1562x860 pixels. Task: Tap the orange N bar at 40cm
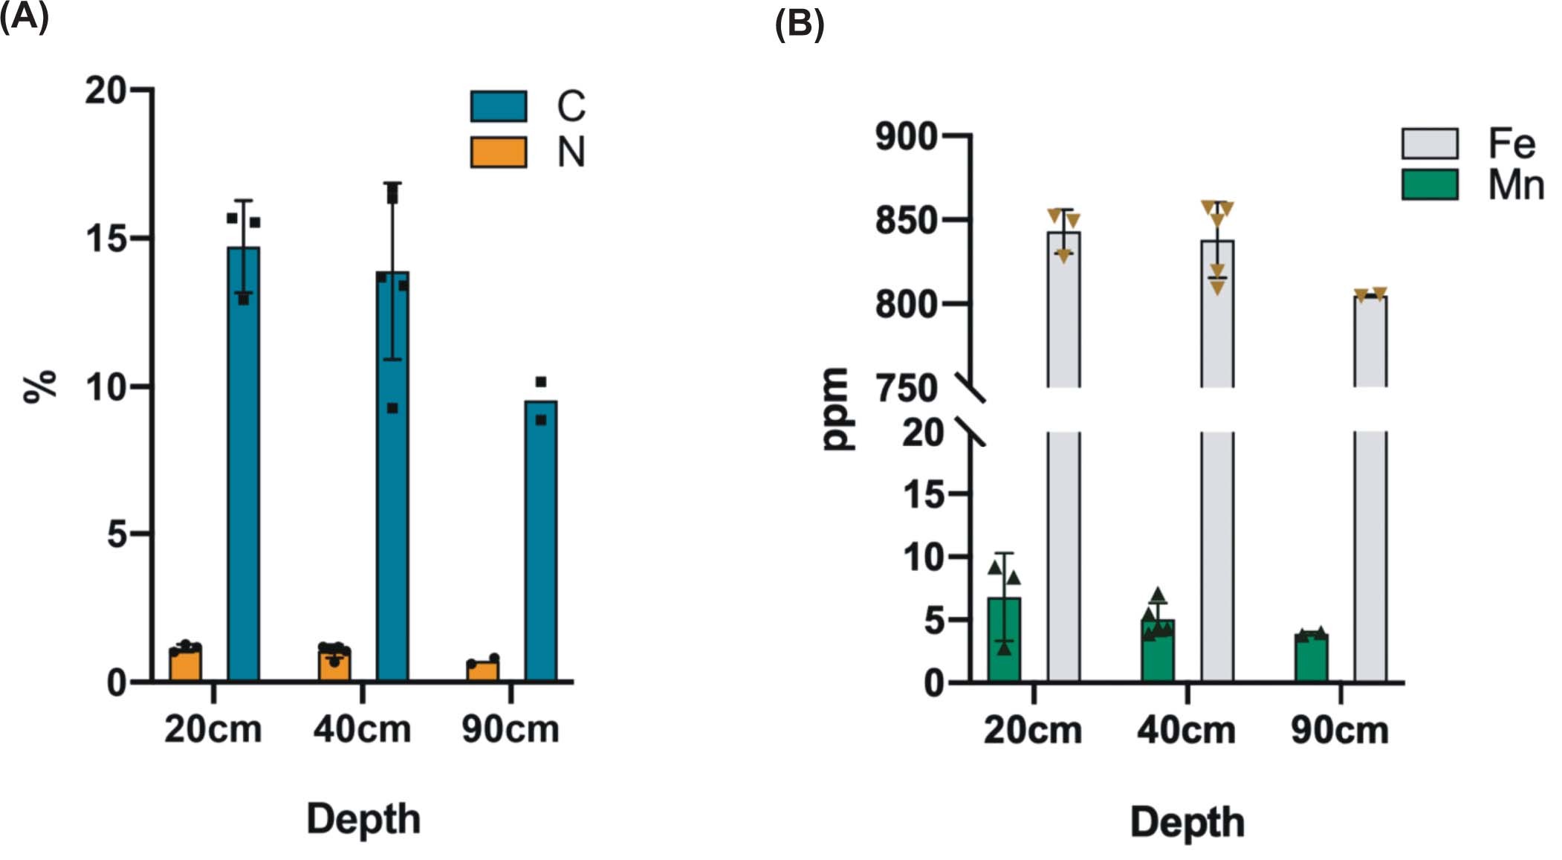tap(334, 667)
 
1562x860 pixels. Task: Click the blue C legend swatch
tap(498, 106)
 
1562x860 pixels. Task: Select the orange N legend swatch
tap(498, 152)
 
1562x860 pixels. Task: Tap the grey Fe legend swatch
tap(1429, 143)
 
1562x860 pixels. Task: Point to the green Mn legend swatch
tap(1429, 185)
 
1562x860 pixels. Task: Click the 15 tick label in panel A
tap(106, 239)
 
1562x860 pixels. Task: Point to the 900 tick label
tap(906, 136)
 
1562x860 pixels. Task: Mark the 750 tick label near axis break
tap(906, 389)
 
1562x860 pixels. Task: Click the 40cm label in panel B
tap(1186, 731)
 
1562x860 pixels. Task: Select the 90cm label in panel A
tap(511, 729)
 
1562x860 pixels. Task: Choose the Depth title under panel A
tap(363, 820)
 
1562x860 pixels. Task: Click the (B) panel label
tap(799, 25)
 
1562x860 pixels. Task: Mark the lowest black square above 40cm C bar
tap(392, 408)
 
